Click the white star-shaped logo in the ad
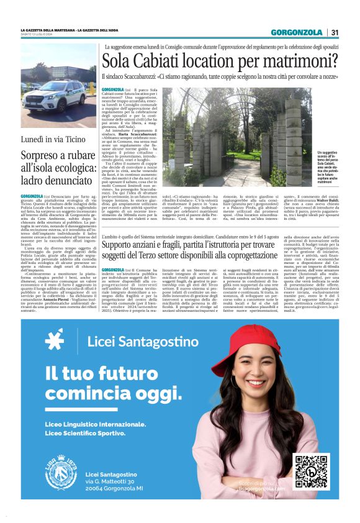[x=55, y=340]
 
